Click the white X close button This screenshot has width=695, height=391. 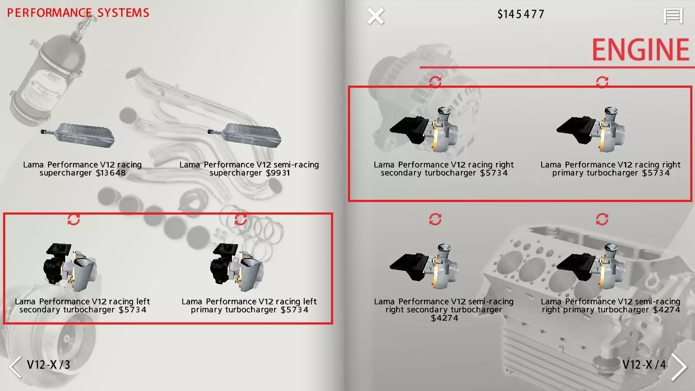375,16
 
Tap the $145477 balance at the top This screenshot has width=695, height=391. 521,14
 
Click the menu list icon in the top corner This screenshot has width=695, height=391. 673,16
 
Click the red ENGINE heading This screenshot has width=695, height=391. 640,50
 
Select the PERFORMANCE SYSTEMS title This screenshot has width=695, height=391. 78,13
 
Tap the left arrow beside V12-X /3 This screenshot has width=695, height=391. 15,367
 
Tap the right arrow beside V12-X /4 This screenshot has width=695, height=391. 679,367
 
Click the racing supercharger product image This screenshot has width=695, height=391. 78,136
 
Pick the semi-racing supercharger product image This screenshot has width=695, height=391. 245,136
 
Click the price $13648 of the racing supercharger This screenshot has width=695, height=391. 111,173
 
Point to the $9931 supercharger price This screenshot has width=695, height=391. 278,173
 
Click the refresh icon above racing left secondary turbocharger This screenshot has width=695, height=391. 73,220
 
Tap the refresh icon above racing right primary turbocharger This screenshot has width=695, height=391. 602,82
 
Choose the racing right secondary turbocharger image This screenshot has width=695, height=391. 424,130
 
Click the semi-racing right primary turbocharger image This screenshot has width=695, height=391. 591,267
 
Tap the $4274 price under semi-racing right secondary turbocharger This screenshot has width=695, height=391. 444,318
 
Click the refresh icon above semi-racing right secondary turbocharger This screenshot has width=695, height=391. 435,219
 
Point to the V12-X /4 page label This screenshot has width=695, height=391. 644,365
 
